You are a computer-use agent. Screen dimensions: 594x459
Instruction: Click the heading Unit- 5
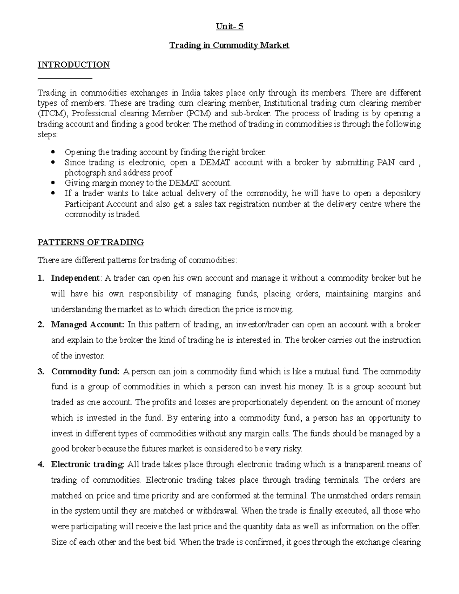click(229, 27)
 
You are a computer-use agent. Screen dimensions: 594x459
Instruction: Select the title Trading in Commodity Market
click(229, 46)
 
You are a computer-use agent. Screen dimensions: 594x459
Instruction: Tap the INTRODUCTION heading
click(73, 65)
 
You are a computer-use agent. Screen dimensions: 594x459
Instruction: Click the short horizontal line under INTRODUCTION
click(65, 78)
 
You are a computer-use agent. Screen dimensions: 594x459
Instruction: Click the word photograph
click(82, 173)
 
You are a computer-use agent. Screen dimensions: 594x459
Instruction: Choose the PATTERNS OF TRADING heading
click(91, 242)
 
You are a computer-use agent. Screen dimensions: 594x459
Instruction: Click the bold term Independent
click(75, 278)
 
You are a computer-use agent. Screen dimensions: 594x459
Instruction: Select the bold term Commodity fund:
click(86, 371)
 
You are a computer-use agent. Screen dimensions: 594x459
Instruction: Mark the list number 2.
click(41, 325)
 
